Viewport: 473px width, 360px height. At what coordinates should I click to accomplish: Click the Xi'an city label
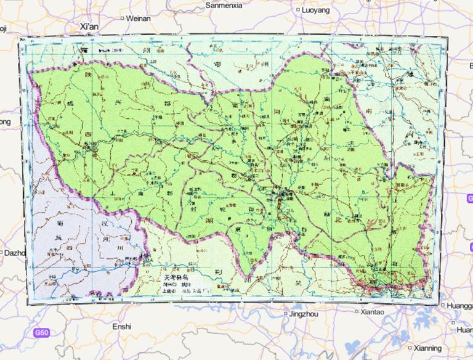[x=89, y=27]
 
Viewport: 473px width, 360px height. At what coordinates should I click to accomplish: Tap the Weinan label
[x=138, y=18]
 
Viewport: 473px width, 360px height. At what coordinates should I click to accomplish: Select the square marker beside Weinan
[x=121, y=18]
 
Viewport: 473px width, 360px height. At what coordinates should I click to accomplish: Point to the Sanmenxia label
[x=224, y=5]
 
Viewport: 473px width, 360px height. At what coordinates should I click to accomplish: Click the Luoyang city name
[x=316, y=10]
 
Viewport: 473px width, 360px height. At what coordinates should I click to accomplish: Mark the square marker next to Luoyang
[x=299, y=10]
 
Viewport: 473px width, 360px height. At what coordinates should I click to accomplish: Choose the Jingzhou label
[x=304, y=314]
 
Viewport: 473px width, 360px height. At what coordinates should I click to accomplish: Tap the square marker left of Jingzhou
[x=286, y=314]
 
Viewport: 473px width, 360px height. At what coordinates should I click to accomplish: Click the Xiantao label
[x=372, y=312]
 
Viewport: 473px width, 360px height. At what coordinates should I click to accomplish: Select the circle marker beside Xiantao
[x=357, y=312]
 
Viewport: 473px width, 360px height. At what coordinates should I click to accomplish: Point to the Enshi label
[x=121, y=326]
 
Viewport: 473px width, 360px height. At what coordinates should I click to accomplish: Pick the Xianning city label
[x=427, y=348]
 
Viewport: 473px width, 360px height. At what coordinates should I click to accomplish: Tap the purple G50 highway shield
[x=41, y=333]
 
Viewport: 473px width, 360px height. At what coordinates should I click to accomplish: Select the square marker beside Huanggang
[x=443, y=305]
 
